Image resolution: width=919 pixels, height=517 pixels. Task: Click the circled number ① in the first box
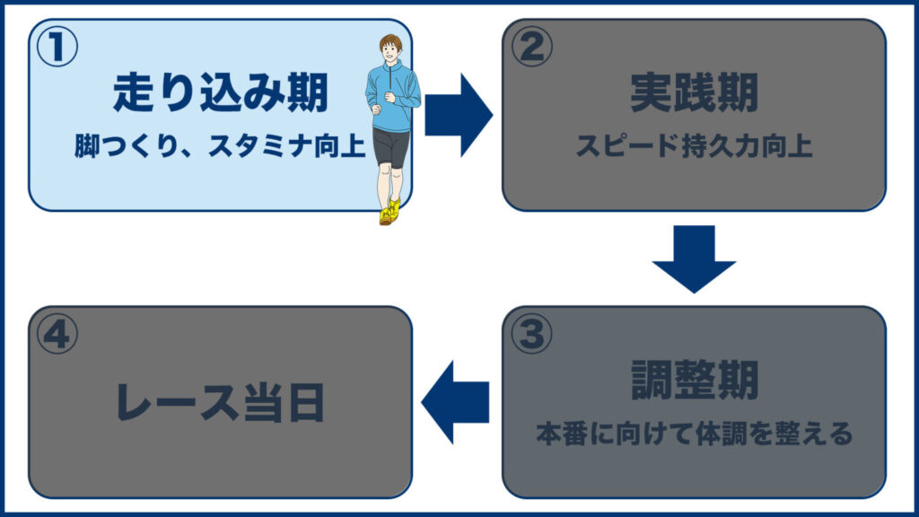(56, 48)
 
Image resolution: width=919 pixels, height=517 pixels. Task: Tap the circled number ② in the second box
(531, 48)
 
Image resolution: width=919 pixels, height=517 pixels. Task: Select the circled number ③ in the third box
(531, 335)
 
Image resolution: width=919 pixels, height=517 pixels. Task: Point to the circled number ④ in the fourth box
(57, 335)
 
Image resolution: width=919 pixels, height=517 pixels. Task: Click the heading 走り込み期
(221, 92)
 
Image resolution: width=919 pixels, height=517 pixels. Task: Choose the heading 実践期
(694, 92)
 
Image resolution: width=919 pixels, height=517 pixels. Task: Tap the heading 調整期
(694, 381)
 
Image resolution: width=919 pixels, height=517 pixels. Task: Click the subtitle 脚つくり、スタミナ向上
(221, 146)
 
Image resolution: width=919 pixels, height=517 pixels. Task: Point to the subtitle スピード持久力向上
(694, 146)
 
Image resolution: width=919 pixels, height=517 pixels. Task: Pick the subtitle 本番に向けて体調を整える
(694, 434)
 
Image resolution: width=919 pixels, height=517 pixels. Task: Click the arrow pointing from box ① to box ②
(458, 115)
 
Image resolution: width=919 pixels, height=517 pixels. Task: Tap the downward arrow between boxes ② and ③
(694, 258)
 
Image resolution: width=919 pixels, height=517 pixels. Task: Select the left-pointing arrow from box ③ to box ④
(455, 402)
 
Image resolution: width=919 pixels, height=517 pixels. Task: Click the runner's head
(391, 49)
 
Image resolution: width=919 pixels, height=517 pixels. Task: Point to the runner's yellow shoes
(389, 212)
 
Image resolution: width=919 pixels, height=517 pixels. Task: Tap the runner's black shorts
(391, 145)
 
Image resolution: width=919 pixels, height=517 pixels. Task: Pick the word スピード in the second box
(617, 146)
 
